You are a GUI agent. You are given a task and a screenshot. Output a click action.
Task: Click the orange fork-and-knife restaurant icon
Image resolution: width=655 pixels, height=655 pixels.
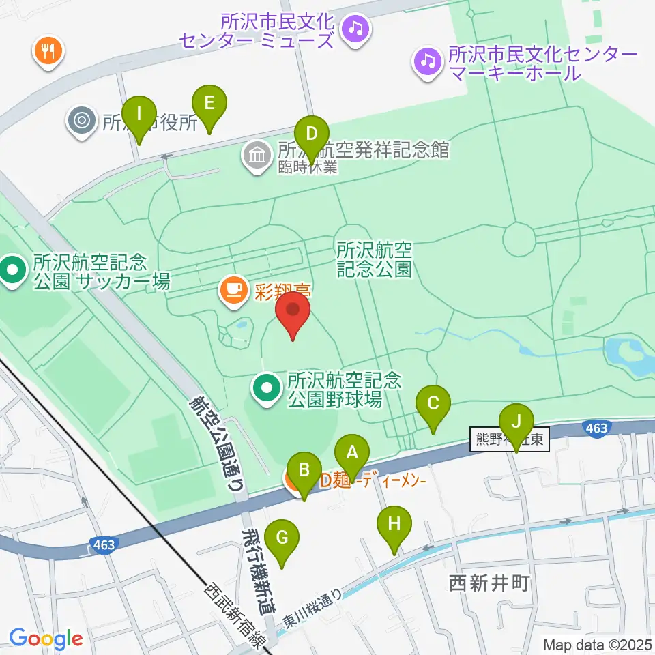point(48,50)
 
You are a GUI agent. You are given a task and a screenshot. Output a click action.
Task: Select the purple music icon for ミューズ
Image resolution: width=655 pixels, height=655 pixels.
point(355,29)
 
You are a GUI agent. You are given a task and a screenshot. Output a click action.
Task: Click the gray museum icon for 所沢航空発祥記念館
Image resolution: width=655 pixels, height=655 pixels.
point(258,155)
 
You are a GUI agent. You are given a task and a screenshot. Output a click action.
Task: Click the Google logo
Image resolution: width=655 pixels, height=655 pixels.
point(46,638)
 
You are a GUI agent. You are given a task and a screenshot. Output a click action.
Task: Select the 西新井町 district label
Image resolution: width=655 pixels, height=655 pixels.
point(489,583)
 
